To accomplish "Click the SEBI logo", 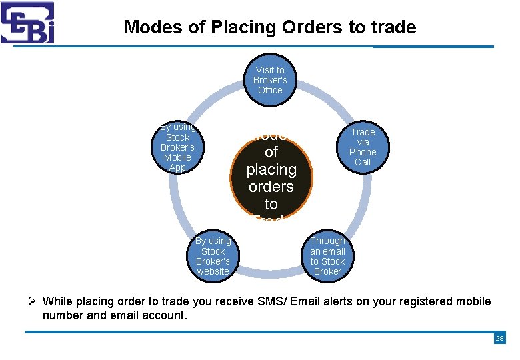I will pos(27,23).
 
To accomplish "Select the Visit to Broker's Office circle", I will pos(270,80).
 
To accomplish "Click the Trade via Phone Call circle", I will pos(363,147).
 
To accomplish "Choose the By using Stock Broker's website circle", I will pos(213,256).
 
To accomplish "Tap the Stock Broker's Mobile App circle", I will pos(177,147).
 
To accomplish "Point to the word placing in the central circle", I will pos(271,169).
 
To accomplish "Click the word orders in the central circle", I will pos(271,187).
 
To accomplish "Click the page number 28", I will pos(499,339).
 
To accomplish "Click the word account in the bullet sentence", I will pos(163,315).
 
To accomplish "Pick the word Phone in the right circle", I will pos(363,152).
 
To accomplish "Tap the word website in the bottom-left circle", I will pos(213,271).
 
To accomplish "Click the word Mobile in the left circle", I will pos(177,157).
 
